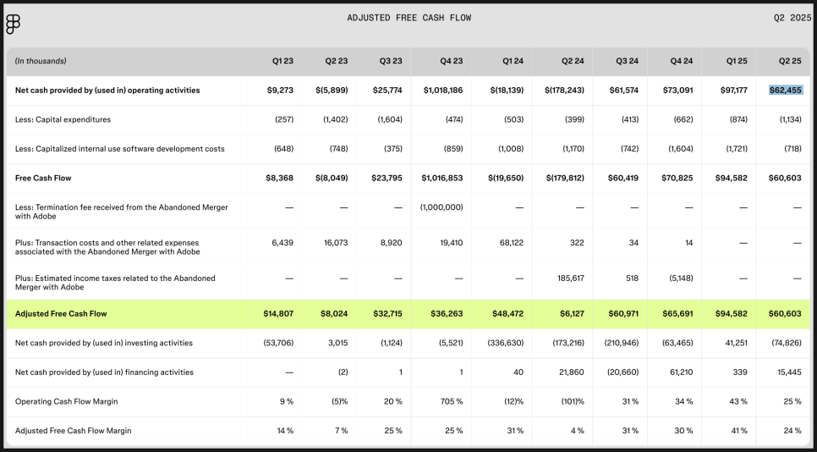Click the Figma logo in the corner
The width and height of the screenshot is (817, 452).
click(13, 24)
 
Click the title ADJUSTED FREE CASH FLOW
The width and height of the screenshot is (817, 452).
click(409, 18)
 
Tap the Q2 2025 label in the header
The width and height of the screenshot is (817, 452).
click(792, 18)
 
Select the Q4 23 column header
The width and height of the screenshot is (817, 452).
click(452, 61)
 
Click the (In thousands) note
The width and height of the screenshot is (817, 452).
click(41, 61)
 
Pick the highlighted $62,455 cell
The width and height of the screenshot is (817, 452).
click(786, 91)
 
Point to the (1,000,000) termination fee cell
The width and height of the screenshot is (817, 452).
click(441, 207)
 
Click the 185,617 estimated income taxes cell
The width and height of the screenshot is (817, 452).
click(571, 278)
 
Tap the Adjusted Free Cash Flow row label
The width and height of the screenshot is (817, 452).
click(61, 314)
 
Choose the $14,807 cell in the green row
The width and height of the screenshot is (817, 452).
click(280, 314)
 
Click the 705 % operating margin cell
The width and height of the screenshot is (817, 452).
click(452, 401)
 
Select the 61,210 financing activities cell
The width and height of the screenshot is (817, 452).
click(682, 372)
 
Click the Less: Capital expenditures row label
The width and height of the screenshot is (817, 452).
click(63, 119)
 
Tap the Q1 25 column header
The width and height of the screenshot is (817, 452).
click(737, 61)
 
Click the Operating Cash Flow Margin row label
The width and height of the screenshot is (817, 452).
click(67, 401)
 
